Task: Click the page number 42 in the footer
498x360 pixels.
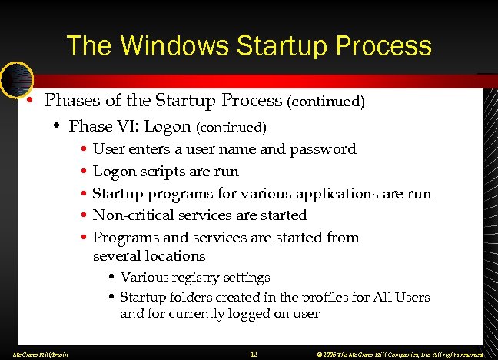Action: (254, 354)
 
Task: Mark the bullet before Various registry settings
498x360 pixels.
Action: (112, 277)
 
